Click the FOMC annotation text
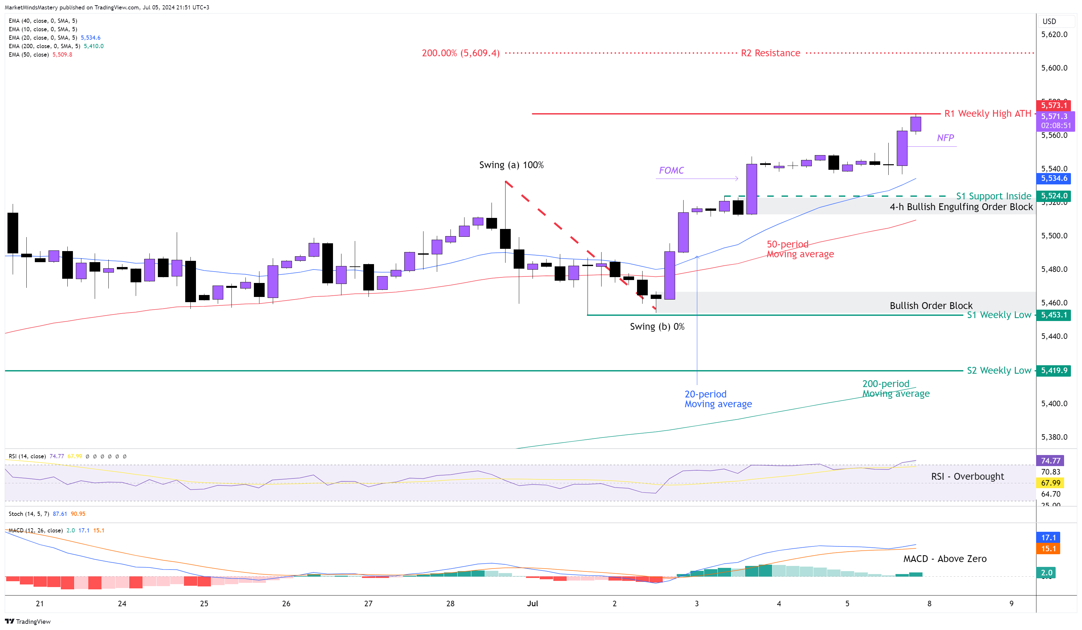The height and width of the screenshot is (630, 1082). (671, 170)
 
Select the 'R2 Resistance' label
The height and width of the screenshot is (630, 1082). (770, 53)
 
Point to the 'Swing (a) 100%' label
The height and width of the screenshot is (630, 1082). (511, 165)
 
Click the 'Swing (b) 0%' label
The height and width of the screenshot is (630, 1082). (657, 327)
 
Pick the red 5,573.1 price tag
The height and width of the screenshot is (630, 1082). (1053, 105)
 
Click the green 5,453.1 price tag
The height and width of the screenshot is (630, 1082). (1053, 315)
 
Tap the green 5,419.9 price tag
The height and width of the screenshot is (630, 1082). (1053, 370)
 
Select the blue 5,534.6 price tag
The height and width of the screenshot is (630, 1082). (1053, 179)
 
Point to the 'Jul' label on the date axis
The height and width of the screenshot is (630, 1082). (533, 603)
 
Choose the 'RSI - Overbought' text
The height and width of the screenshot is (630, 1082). (967, 476)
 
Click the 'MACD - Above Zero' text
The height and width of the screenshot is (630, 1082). (945, 559)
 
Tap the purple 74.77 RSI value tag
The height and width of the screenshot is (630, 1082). (1050, 461)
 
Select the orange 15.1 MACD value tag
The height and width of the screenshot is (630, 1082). (1048, 548)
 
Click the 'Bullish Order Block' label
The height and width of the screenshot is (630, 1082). (931, 305)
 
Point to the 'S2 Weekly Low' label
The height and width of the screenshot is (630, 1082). (999, 370)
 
